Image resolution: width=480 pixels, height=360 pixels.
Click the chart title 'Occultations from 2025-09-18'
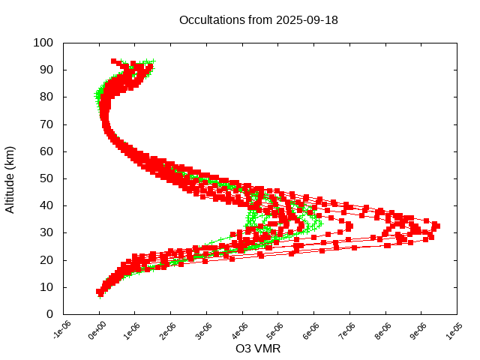pos(259,20)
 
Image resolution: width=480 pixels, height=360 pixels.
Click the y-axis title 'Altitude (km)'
pos(10,178)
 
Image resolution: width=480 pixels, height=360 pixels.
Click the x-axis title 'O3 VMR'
pos(259,349)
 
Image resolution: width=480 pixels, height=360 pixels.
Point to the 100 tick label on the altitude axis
pos(43,43)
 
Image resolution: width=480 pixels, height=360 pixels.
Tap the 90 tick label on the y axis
pos(46,70)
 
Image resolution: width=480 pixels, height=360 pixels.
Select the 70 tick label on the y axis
pos(46,124)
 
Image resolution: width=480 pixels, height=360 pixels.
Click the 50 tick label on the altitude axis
pos(46,178)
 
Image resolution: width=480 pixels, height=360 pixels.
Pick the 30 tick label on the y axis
pos(46,232)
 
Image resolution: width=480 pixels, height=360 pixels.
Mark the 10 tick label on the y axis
pos(46,286)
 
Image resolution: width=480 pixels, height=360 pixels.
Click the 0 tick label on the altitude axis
pos(49,313)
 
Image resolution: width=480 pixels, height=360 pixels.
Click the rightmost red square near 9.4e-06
pos(436,226)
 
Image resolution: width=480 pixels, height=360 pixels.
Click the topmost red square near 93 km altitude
pos(114,61)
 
